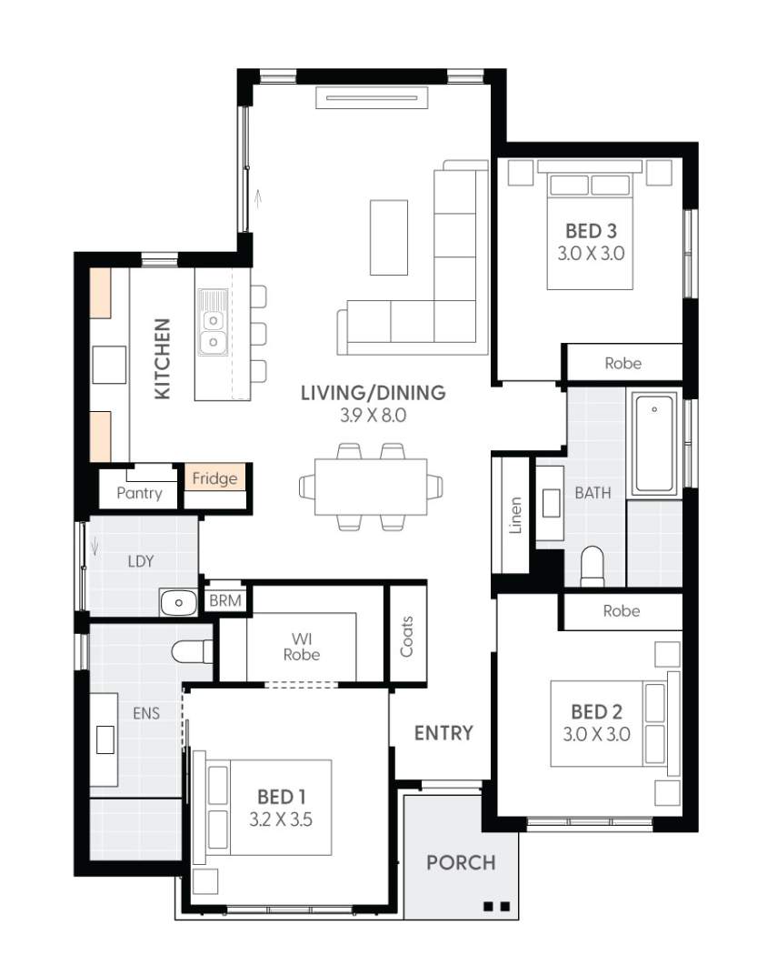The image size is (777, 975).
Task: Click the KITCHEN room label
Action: pos(162,358)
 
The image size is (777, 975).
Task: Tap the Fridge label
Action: pos(214,478)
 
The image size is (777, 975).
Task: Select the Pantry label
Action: pos(139,493)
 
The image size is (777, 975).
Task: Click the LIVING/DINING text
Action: pos(373,393)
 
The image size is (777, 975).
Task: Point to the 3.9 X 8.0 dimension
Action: pos(373,417)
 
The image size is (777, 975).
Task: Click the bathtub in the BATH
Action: pos(654,444)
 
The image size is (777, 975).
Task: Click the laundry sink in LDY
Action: pos(179,602)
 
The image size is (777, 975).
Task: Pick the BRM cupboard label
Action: pos(224,601)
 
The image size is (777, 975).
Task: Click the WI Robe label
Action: pos(301,646)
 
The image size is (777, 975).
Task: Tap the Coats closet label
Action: pos(406,637)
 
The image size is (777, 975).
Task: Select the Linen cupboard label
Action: pos(515,515)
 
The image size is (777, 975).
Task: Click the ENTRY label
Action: pos(443,733)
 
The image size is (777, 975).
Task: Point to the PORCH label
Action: pos(461,862)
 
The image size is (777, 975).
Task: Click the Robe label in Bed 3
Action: pos(623,363)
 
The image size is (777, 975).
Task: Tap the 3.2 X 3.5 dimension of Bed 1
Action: pos(281,819)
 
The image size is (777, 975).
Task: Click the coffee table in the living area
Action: pos(389,236)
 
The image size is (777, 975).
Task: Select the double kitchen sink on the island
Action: pos(213,330)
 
